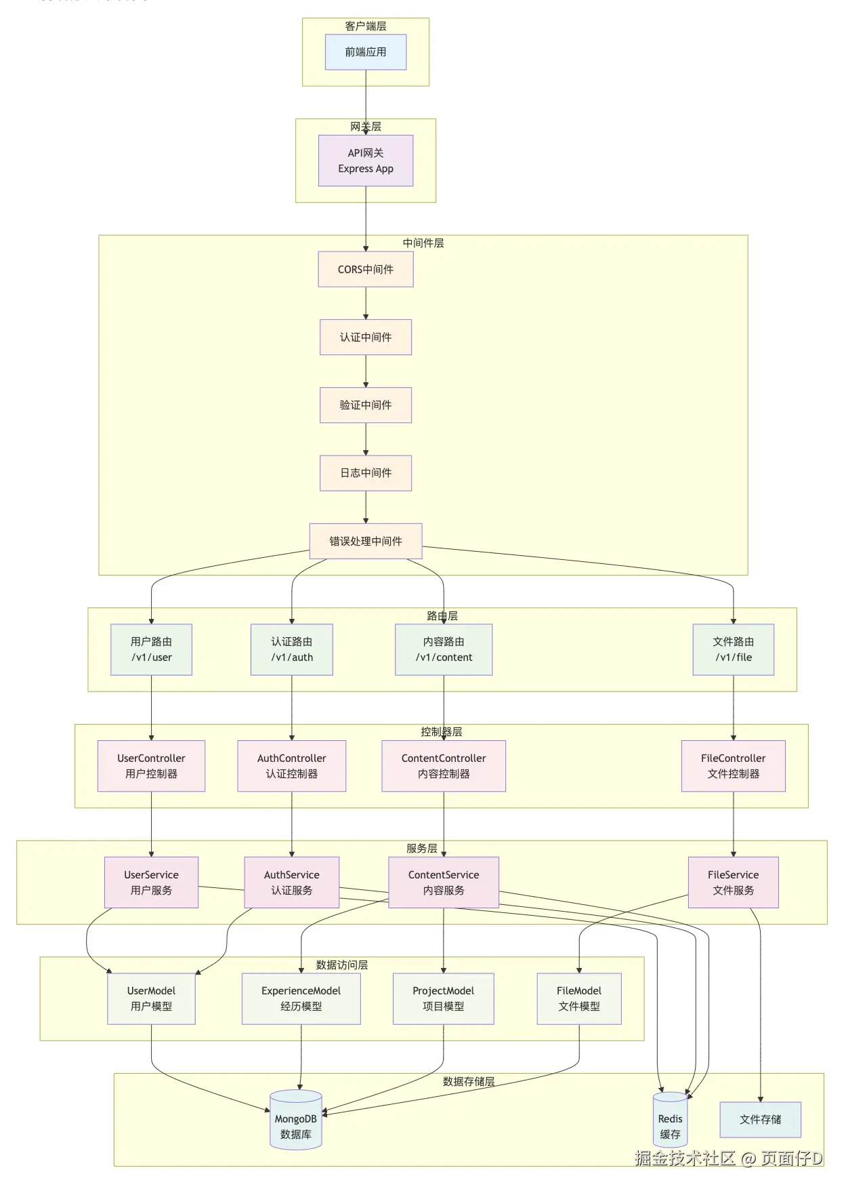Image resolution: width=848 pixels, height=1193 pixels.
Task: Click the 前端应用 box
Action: [x=366, y=52]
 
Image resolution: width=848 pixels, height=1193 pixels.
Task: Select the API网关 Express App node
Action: [x=366, y=161]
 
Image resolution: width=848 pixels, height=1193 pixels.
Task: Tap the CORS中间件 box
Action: [x=366, y=269]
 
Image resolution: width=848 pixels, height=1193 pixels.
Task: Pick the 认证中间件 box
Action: [x=366, y=337]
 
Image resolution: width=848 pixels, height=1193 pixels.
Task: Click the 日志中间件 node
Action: [x=366, y=472]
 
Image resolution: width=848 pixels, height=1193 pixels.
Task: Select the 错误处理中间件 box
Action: [x=366, y=541]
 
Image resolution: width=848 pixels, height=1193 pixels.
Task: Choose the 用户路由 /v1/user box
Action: [x=151, y=649]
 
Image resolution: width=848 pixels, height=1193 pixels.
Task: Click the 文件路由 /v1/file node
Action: [x=733, y=649]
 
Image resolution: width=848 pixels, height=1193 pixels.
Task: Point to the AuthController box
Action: [x=291, y=766]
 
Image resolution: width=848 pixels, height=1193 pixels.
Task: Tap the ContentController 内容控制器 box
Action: [x=444, y=766]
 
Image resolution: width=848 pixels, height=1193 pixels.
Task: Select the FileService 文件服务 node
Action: [x=733, y=883]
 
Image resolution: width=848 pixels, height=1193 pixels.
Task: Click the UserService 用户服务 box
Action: [x=151, y=883]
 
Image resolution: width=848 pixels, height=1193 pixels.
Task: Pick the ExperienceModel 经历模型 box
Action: [x=301, y=998]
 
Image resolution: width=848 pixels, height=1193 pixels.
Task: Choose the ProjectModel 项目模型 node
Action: [x=444, y=998]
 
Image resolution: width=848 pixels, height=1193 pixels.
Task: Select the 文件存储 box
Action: [x=760, y=1120]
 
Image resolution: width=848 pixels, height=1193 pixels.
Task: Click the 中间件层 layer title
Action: [x=423, y=243]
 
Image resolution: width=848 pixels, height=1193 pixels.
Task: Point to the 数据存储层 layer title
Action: [x=469, y=1082]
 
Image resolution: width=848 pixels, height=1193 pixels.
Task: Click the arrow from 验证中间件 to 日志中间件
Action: [x=366, y=439]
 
